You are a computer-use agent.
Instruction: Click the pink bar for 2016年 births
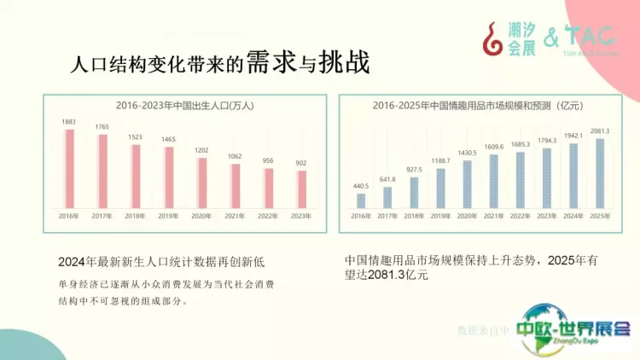(x=69, y=169)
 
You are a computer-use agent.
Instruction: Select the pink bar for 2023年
(x=301, y=189)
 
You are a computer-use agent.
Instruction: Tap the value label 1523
(x=135, y=136)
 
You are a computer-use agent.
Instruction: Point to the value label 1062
(x=235, y=156)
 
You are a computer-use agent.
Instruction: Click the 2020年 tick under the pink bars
(x=201, y=218)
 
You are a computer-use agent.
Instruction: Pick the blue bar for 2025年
(x=600, y=173)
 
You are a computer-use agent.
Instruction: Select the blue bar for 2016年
(x=361, y=201)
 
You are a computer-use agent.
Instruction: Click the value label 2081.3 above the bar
(x=600, y=131)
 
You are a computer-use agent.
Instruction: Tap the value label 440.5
(x=361, y=186)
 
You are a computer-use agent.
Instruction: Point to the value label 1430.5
(x=468, y=153)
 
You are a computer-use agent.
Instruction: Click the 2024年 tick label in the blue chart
(x=573, y=217)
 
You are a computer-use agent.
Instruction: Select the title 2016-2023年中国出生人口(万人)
(x=186, y=107)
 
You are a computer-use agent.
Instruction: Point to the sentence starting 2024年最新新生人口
(x=162, y=261)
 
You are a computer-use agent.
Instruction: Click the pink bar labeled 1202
(x=201, y=183)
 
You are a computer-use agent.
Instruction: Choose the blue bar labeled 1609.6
(x=494, y=182)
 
